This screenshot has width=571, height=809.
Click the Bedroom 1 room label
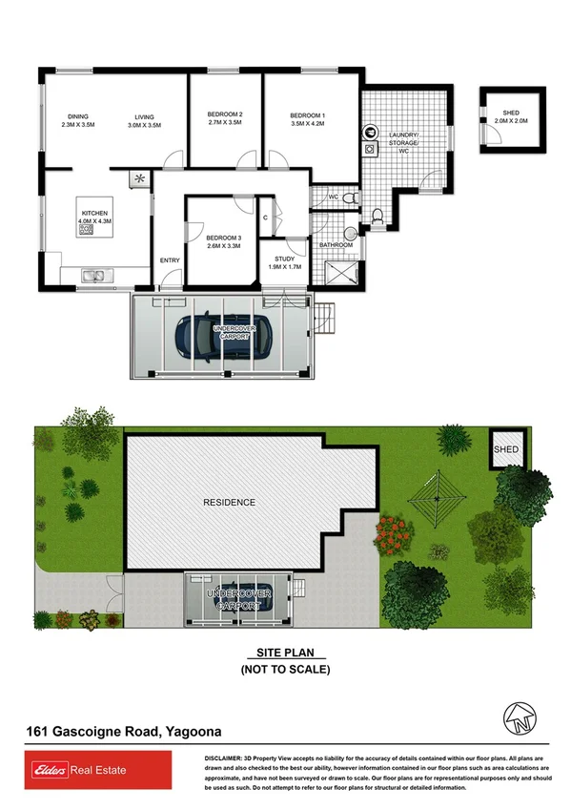(308, 116)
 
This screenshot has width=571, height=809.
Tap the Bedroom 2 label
(225, 116)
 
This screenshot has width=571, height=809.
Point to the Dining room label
(79, 116)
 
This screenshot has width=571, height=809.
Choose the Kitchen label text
(93, 213)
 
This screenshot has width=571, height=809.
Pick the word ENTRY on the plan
(171, 260)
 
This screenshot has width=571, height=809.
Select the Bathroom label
(336, 245)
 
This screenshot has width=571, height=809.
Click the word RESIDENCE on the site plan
(229, 502)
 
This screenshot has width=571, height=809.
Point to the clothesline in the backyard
(435, 498)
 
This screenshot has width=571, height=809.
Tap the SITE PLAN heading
(285, 654)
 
